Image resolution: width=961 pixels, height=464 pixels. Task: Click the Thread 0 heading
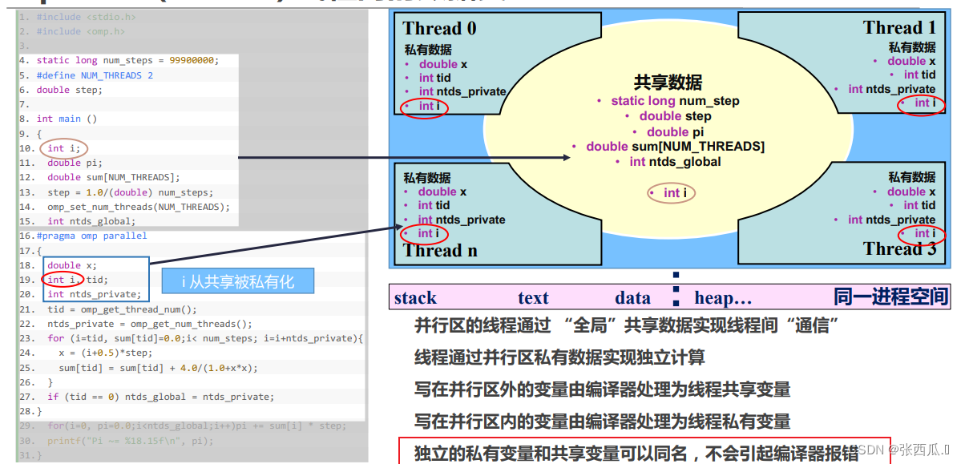pos(439,28)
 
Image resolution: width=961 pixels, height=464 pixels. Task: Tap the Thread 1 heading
pos(898,28)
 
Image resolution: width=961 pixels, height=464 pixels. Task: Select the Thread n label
pos(440,250)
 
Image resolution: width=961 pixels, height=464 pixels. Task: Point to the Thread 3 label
pos(899,248)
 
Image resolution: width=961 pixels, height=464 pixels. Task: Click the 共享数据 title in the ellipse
pos(668,83)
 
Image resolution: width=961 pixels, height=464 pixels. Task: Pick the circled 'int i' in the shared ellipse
pos(672,192)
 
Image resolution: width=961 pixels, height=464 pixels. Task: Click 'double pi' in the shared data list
pos(668,131)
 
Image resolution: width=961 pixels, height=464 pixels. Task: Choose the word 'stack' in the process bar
pos(415,298)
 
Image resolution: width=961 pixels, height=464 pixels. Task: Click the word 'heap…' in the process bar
pos(723,298)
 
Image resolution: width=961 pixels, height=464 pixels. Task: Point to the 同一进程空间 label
pos(890,297)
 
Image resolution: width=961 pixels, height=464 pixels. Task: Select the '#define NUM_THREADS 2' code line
pos(95,75)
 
